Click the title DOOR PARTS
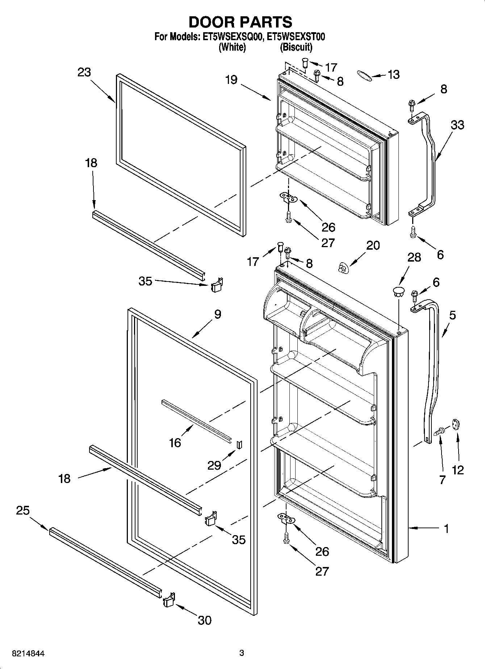pyautogui.click(x=241, y=22)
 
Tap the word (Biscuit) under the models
pyautogui.click(x=296, y=47)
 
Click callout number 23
pyautogui.click(x=84, y=72)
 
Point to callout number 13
pyautogui.click(x=393, y=75)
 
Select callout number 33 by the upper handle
pyautogui.click(x=457, y=125)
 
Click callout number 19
pyautogui.click(x=231, y=79)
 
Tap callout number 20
pyautogui.click(x=373, y=245)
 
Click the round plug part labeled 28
pyautogui.click(x=398, y=292)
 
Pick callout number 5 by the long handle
pyautogui.click(x=452, y=315)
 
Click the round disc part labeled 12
pyautogui.click(x=455, y=424)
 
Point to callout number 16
pyautogui.click(x=175, y=442)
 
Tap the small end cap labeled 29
pyautogui.click(x=239, y=444)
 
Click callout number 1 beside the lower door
pyautogui.click(x=446, y=529)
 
